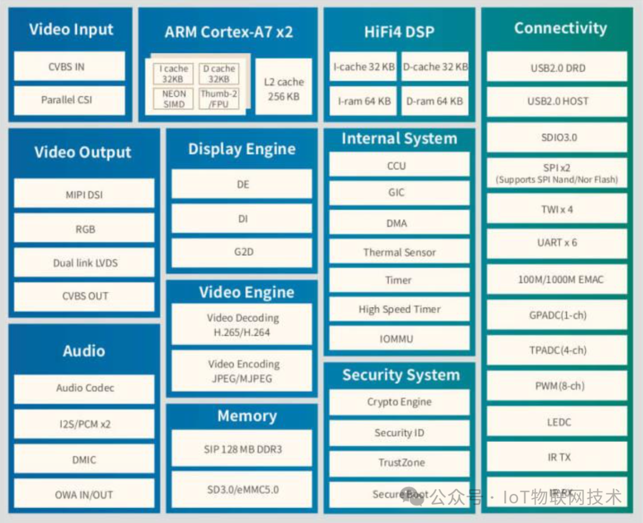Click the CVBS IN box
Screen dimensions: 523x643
[69, 67]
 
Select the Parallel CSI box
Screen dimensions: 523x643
[69, 100]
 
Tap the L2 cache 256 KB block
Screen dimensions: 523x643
[283, 89]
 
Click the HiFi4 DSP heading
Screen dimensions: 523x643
[399, 32]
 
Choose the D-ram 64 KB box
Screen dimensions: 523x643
[435, 101]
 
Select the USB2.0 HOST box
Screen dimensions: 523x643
[557, 102]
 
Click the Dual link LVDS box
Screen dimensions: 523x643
[84, 262]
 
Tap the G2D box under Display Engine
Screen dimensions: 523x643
[242, 252]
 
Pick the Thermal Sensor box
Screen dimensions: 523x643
[399, 252]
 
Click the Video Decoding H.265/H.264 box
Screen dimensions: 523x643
[242, 325]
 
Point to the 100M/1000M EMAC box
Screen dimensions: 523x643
[557, 279]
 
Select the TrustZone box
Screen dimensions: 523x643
[399, 462]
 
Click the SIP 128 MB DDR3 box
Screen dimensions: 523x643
[242, 449]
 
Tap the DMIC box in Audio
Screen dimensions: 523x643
[84, 459]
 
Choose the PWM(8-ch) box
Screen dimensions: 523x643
[557, 386]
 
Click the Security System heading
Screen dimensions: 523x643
[401, 375]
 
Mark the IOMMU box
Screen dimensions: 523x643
[399, 339]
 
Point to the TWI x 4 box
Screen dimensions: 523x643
[557, 209]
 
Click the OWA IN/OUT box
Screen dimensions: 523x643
[84, 494]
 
